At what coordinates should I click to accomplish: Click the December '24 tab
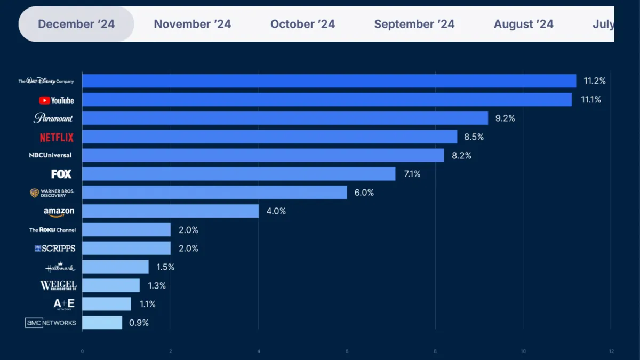[x=76, y=25]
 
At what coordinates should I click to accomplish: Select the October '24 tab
[x=302, y=25]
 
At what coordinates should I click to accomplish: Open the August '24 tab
[x=523, y=25]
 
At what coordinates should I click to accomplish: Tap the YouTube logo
[x=56, y=100]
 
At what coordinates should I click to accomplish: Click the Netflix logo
[x=57, y=138]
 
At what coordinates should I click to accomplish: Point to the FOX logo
[x=61, y=174]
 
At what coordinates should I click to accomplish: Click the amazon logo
[x=59, y=212]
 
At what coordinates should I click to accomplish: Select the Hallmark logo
[x=60, y=267]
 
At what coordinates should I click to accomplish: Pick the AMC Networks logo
[x=51, y=323]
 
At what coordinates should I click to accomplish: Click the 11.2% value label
[x=595, y=81]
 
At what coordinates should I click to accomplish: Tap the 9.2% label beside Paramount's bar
[x=505, y=118]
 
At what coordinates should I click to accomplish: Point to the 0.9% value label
[x=139, y=323]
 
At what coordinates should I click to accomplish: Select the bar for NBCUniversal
[x=263, y=155]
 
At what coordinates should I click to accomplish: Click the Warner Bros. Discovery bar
[x=214, y=193]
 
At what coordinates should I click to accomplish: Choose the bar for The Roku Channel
[x=126, y=230]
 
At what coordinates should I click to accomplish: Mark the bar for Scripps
[x=126, y=249]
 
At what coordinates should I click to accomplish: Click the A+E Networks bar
[x=107, y=304]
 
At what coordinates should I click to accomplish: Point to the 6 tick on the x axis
[x=347, y=351]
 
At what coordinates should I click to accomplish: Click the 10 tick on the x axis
[x=523, y=351]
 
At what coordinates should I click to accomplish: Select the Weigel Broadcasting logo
[x=58, y=286]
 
